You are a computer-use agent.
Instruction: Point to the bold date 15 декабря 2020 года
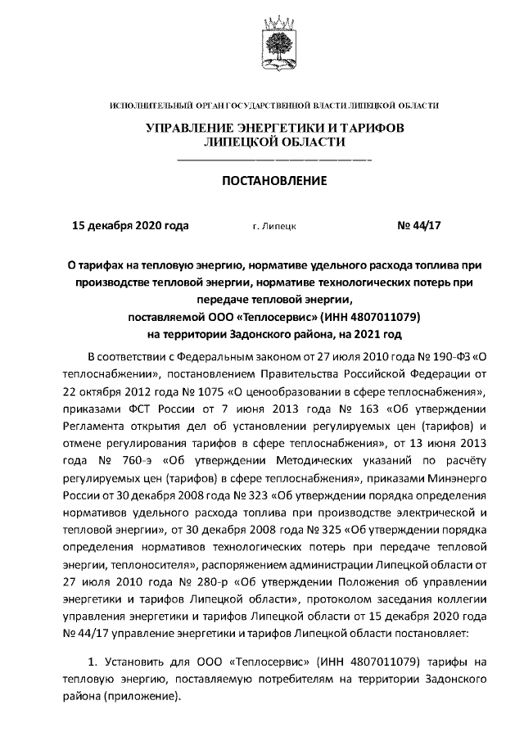pos(131,224)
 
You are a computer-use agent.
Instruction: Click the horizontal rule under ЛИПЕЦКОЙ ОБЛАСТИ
pos(274,159)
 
